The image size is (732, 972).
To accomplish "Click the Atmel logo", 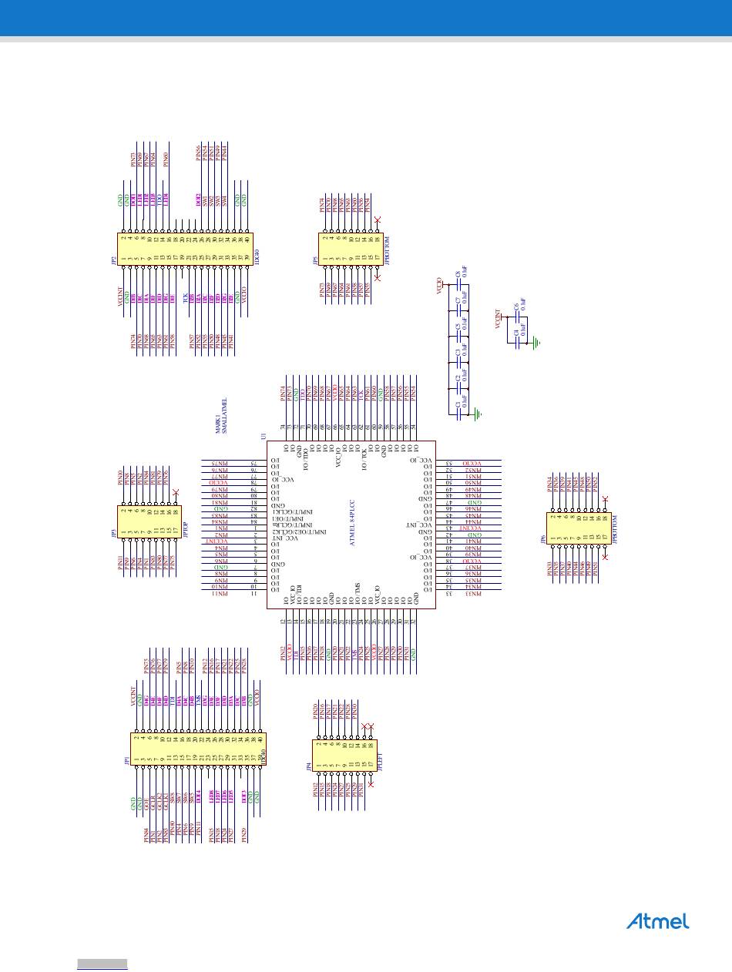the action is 657,921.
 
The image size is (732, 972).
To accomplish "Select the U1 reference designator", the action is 264,437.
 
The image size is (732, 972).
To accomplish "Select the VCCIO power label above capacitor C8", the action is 439,286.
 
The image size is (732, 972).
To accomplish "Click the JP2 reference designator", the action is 112,261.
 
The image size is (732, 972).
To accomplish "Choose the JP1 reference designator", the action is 127,761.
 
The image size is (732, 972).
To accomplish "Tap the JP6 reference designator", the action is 542,540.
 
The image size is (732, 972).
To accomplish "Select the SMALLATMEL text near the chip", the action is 224,416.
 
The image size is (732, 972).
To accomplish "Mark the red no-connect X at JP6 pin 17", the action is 605,556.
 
